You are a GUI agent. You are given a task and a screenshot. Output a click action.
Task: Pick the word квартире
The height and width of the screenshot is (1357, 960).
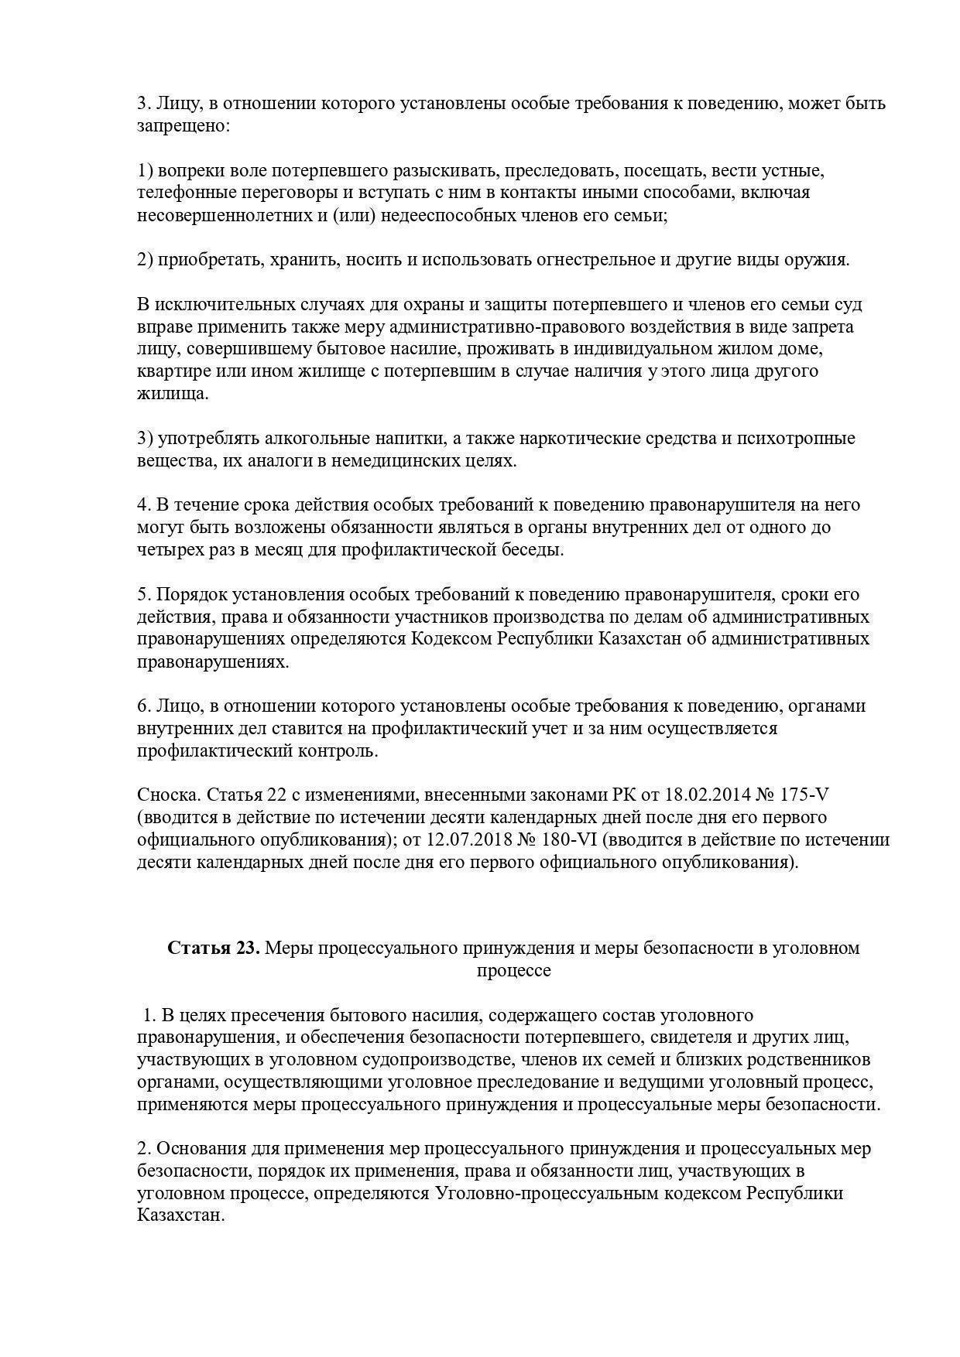170,371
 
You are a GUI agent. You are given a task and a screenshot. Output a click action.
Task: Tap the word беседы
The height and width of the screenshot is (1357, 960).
533,550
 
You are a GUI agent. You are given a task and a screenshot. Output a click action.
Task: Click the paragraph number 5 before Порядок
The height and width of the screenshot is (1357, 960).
142,595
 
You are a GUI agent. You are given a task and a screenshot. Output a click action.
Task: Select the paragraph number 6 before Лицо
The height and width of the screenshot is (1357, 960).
142,706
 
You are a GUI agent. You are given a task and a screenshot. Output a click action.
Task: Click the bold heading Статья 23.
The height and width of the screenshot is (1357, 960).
214,949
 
